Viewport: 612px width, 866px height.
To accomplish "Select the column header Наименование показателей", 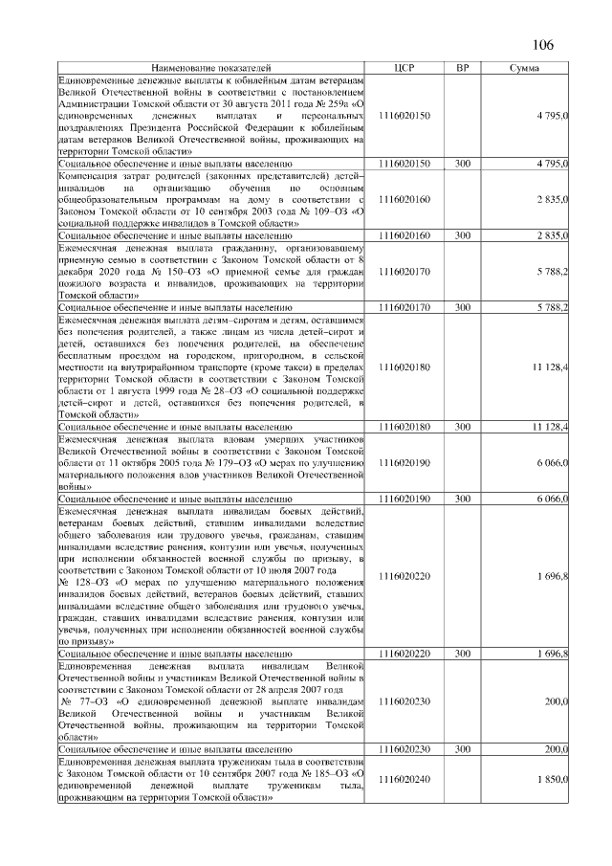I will click(211, 69).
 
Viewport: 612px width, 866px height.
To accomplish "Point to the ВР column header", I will click(463, 69).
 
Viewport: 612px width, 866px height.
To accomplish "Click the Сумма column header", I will click(523, 69).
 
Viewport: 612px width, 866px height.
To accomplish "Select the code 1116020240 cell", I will click(404, 780).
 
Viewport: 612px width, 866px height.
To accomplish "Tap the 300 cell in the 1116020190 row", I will click(463, 499).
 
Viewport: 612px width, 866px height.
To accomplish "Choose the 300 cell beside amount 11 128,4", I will click(463, 426).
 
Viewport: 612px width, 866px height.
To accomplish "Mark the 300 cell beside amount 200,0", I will click(463, 750).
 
